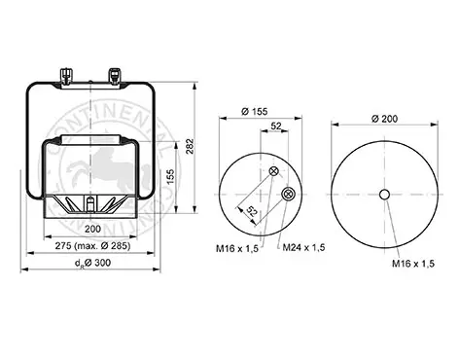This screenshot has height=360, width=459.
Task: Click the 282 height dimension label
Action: tap(190, 147)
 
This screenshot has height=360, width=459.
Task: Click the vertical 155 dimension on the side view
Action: tap(171, 176)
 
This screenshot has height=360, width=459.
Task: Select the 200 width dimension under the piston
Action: tap(92, 229)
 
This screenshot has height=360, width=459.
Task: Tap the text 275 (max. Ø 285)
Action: tap(92, 246)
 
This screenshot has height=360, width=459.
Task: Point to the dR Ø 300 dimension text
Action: tap(92, 263)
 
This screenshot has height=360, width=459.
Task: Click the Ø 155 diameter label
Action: tap(255, 112)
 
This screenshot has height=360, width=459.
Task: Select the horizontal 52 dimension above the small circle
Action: tap(276, 126)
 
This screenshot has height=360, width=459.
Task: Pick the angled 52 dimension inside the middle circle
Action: tap(253, 211)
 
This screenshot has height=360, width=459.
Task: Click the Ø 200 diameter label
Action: tap(384, 119)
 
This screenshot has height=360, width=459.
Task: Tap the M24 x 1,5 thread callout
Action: tap(303, 248)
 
